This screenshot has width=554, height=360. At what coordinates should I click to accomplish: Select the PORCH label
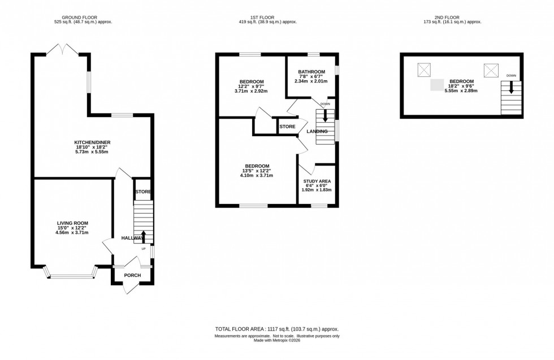pyautogui.click(x=132, y=275)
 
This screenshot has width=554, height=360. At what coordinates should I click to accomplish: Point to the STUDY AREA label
pyautogui.click(x=317, y=181)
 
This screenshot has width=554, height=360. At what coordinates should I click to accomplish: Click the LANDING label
pyautogui.click(x=317, y=132)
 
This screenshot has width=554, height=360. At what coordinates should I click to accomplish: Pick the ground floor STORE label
pyautogui.click(x=143, y=192)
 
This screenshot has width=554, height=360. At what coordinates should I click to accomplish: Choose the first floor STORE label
pyautogui.click(x=287, y=127)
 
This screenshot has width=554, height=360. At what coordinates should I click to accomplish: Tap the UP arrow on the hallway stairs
pyautogui.click(x=143, y=236)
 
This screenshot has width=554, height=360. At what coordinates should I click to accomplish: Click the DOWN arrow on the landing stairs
pyautogui.click(x=325, y=115)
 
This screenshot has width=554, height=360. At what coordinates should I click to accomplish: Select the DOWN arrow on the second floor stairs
pyautogui.click(x=511, y=88)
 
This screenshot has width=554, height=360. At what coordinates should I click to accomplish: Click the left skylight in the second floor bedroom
pyautogui.click(x=424, y=70)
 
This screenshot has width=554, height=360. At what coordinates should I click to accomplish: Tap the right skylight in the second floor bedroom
pyautogui.click(x=491, y=70)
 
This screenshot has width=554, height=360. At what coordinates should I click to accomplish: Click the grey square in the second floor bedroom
pyautogui.click(x=437, y=85)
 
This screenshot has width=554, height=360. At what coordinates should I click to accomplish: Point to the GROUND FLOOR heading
pyautogui.click(x=83, y=17)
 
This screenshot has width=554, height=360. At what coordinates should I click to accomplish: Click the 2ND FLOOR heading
pyautogui.click(x=461, y=17)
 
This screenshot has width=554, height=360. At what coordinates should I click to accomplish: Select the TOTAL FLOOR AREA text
pyautogui.click(x=276, y=329)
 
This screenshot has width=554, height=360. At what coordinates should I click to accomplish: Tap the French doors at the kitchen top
pyautogui.click(x=62, y=50)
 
